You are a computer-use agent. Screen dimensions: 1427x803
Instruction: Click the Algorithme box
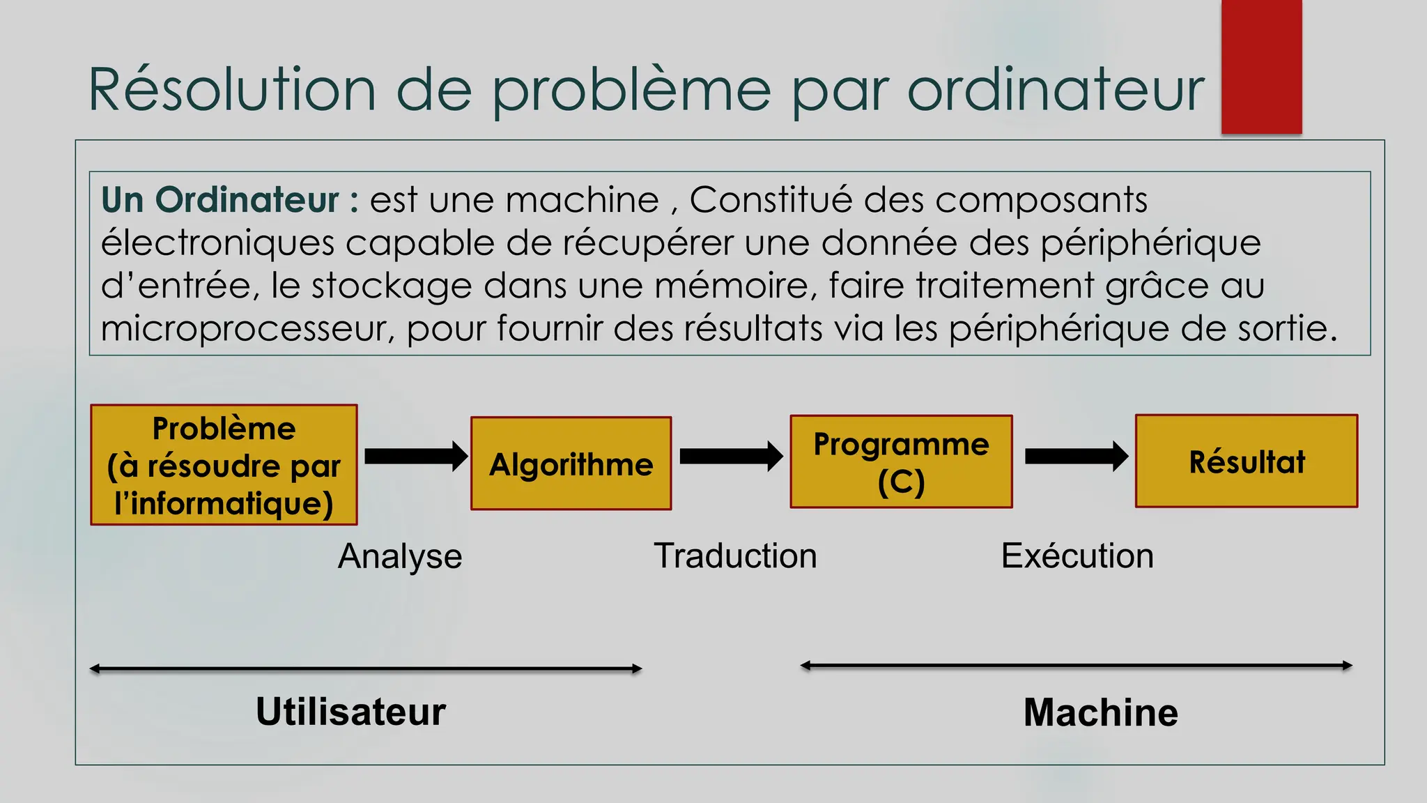pyautogui.click(x=571, y=464)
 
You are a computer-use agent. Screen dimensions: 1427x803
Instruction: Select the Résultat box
pyautogui.click(x=1246, y=461)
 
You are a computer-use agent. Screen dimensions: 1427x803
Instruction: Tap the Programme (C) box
pyautogui.click(x=901, y=461)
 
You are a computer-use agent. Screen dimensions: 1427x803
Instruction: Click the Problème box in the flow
pyautogui.click(x=224, y=465)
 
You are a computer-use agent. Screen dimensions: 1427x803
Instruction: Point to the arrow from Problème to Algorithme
pyautogui.click(x=415, y=456)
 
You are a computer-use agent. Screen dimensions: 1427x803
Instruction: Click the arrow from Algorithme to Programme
pyautogui.click(x=730, y=456)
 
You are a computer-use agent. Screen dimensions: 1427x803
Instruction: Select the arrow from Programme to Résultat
pyautogui.click(x=1076, y=456)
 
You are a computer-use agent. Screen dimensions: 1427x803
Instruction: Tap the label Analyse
pyautogui.click(x=400, y=556)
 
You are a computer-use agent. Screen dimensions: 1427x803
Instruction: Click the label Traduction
pyautogui.click(x=735, y=556)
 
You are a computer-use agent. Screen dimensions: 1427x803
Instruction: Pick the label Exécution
pyautogui.click(x=1077, y=556)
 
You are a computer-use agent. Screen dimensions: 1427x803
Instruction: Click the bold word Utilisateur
pyautogui.click(x=350, y=712)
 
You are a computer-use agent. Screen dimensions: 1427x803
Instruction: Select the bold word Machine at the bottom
pyautogui.click(x=1100, y=712)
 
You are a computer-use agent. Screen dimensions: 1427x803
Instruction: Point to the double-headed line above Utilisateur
pyautogui.click(x=366, y=668)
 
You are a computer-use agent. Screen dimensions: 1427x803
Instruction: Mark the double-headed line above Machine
pyautogui.click(x=1076, y=666)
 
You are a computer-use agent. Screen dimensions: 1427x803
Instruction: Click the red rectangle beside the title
pyautogui.click(x=1261, y=66)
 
